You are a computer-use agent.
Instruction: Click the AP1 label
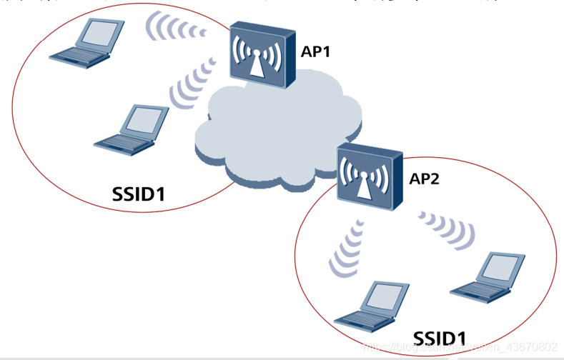pos(315,52)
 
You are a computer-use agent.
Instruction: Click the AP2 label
pos(425,179)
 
